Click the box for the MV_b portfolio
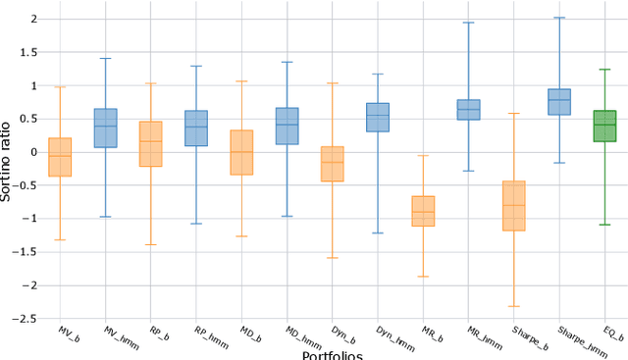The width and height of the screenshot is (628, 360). pos(60,157)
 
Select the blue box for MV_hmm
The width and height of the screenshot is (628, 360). pos(105,128)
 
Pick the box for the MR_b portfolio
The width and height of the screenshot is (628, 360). pos(423,211)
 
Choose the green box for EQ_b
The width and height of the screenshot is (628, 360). pos(604,126)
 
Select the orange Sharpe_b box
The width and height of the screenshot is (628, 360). pos(514,206)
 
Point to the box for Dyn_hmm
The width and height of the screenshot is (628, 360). pos(378,117)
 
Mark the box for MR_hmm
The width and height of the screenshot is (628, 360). pos(468,110)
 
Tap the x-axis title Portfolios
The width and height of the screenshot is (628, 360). pos(333,354)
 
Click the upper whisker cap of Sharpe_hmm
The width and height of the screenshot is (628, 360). pos(559,18)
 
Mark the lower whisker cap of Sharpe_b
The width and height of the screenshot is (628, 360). pos(514,306)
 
